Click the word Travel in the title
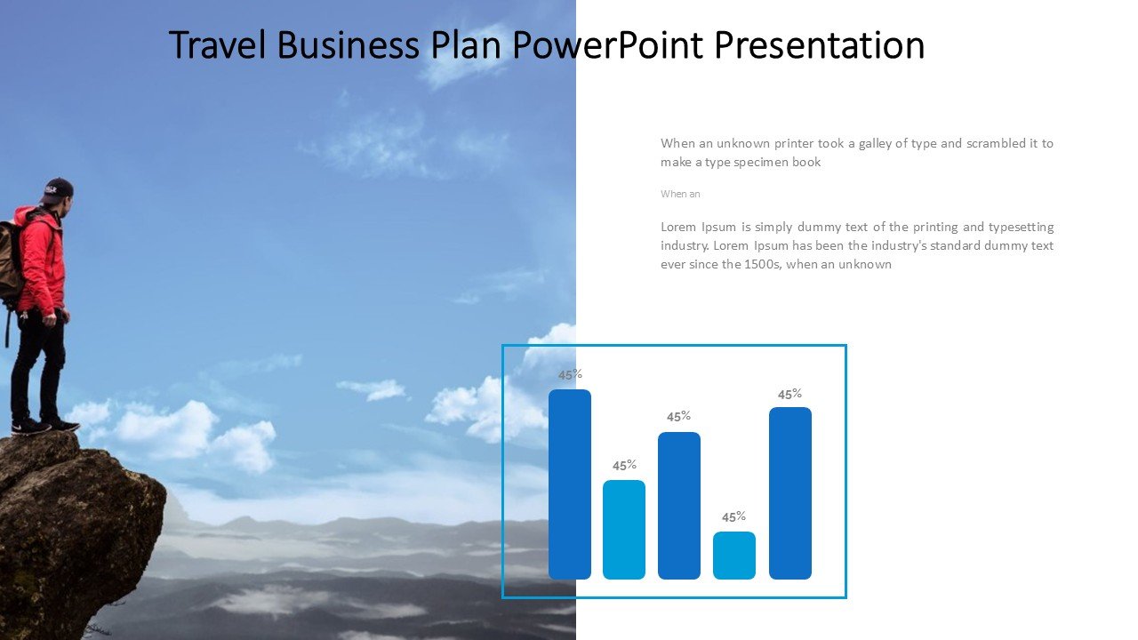[218, 45]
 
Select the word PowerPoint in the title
[608, 45]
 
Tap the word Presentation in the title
[820, 45]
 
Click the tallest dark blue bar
[570, 484]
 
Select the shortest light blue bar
[734, 556]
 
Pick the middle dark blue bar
[679, 506]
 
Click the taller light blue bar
[624, 529]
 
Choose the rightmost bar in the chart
[790, 492]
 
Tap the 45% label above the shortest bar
[734, 517]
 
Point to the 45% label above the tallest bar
[570, 375]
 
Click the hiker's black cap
[58, 189]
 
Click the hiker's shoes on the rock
[44, 426]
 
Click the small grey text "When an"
[680, 194]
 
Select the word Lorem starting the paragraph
[677, 227]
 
